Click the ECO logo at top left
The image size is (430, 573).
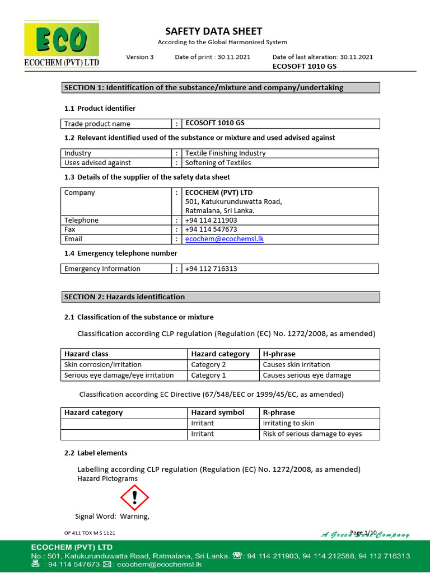pos(62,45)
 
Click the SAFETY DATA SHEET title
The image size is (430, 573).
pos(213,31)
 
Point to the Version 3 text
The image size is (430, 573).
pos(139,57)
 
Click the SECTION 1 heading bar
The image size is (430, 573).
pos(220,88)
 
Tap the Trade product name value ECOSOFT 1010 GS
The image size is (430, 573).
pos(214,124)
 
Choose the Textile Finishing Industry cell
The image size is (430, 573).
pos(226,153)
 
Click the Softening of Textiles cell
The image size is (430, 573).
pos(218,163)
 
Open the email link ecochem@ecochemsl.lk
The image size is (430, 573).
pos(225,239)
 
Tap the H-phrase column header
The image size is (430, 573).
pos(279,354)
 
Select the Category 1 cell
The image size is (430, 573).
pos(208,375)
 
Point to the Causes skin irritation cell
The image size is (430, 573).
pos(296,365)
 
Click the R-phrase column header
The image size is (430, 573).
pos(278,413)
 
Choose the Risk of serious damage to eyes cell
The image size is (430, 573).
pos(312,434)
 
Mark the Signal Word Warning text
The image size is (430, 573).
pos(113,516)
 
